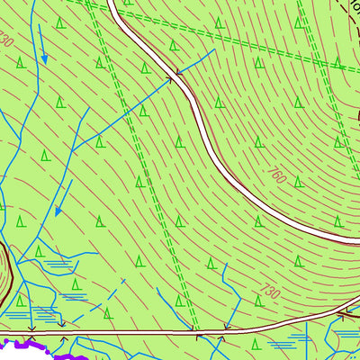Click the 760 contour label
tap(276, 175)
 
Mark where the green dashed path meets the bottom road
tap(197, 330)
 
